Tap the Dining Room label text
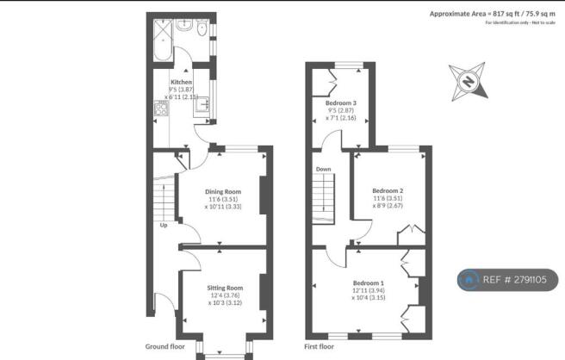(222, 191)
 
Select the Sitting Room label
(222, 288)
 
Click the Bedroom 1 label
(368, 282)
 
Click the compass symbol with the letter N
(469, 83)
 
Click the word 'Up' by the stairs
(162, 227)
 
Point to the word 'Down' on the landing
(324, 170)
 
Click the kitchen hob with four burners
(159, 109)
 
